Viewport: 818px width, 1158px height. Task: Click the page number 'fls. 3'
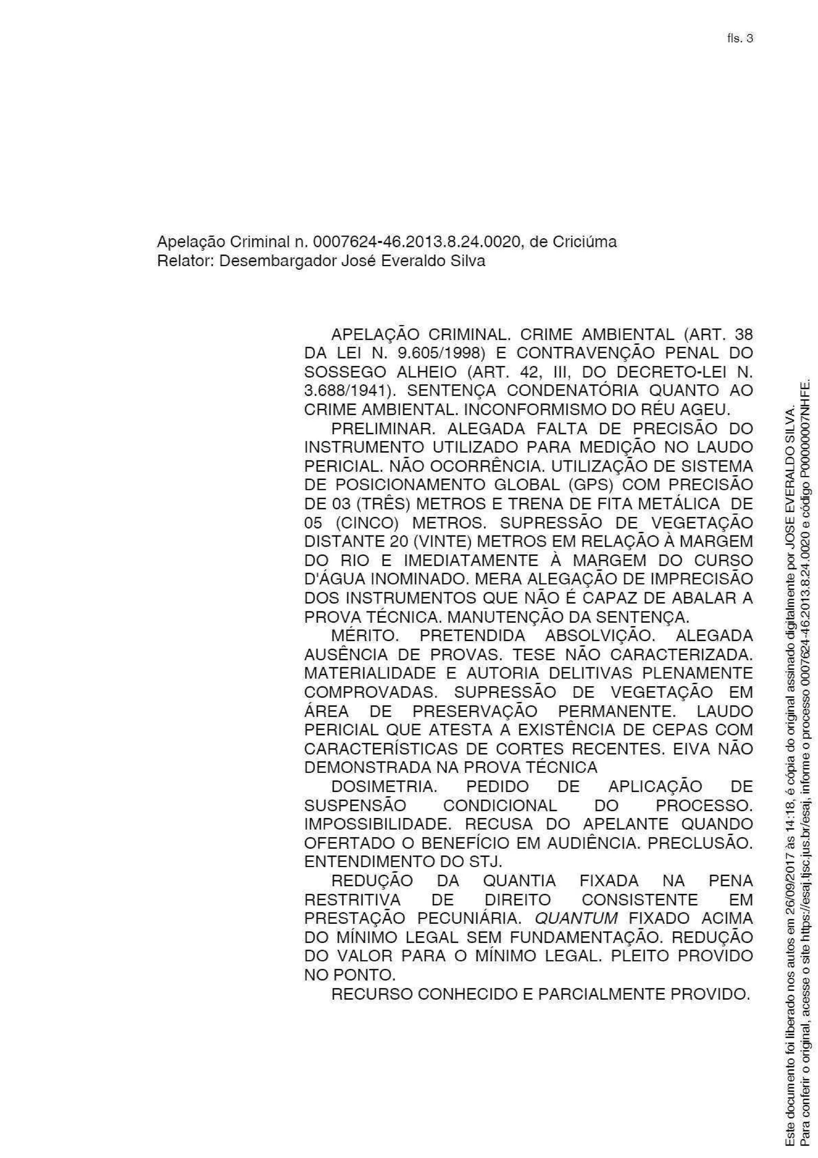pos(739,39)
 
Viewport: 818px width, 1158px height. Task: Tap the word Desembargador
pos(279,261)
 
